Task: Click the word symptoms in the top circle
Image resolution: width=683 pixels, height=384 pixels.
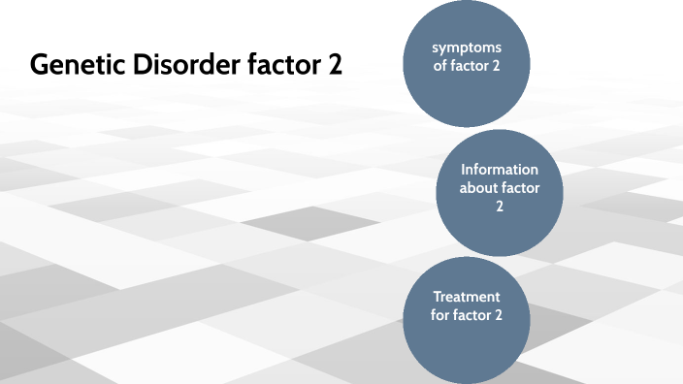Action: pyautogui.click(x=468, y=48)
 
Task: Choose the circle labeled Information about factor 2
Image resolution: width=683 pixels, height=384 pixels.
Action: pyautogui.click(x=501, y=192)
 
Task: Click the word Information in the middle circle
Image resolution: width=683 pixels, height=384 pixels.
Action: pyautogui.click(x=500, y=170)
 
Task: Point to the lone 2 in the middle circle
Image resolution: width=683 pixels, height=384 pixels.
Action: pyautogui.click(x=501, y=207)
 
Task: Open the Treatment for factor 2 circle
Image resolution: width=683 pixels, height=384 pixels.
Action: pyautogui.click(x=467, y=318)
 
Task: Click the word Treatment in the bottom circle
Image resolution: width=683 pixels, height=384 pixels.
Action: pyautogui.click(x=466, y=297)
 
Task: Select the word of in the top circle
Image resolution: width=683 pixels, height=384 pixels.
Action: pyautogui.click(x=439, y=67)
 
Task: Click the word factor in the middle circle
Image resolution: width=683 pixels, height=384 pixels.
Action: pyautogui.click(x=521, y=188)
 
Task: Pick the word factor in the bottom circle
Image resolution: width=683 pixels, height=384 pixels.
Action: pyautogui.click(x=472, y=316)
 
